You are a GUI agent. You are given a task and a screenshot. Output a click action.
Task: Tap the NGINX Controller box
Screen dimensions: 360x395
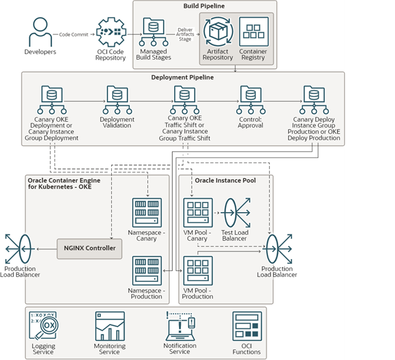tap(89, 248)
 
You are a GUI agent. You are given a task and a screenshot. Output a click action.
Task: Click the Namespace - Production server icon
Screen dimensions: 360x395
tap(147, 270)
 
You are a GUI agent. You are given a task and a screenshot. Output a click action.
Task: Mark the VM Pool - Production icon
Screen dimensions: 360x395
tap(197, 270)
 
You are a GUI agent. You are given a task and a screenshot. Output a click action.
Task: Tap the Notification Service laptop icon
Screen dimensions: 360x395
tap(180, 326)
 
